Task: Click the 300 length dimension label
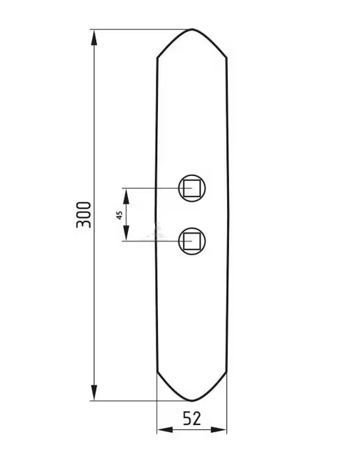pos(83,215)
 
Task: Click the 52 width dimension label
pos(192,419)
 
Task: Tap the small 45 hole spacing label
pos(120,215)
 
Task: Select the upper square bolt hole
pos(192,188)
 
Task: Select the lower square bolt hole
pos(192,241)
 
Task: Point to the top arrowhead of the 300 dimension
pos(94,38)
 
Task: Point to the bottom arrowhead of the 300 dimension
pos(94,392)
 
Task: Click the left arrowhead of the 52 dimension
pos(164,430)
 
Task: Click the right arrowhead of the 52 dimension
pos(218,430)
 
